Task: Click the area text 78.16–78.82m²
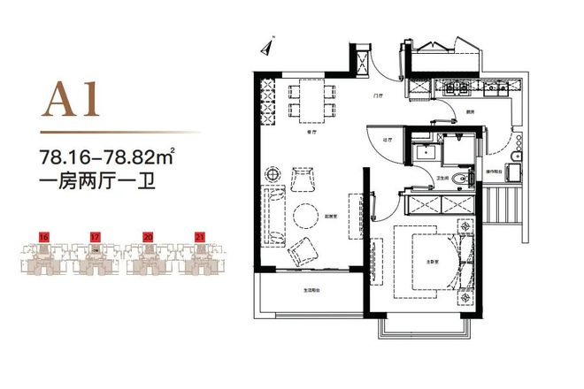tap(105, 158)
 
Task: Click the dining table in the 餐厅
tap(311, 100)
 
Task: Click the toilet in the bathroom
tap(457, 181)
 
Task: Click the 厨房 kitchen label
tap(449, 111)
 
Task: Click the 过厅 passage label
tap(387, 139)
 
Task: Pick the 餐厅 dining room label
tap(312, 130)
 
